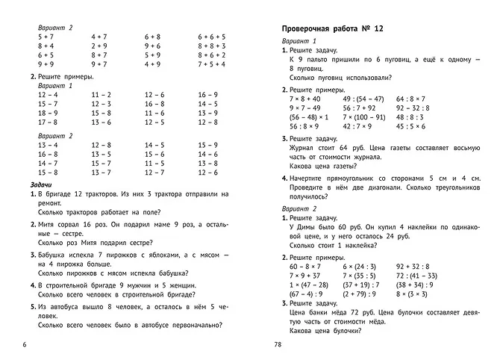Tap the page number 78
tap(277, 344)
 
